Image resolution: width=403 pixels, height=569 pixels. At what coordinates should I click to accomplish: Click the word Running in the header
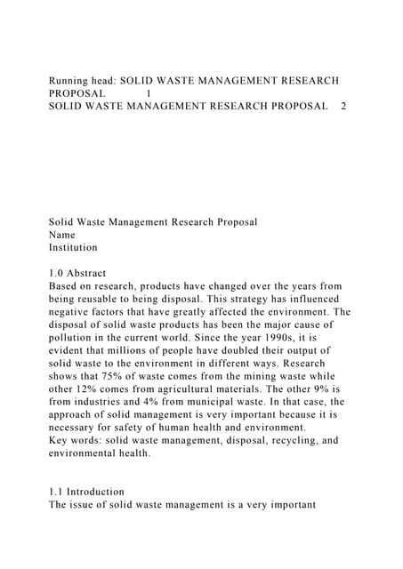pos(72,80)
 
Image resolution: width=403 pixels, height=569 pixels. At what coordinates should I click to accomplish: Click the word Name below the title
pos(62,235)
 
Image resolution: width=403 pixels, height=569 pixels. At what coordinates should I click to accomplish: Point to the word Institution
pos(73,247)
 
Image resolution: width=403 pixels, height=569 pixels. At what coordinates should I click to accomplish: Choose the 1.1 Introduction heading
pos(86,492)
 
